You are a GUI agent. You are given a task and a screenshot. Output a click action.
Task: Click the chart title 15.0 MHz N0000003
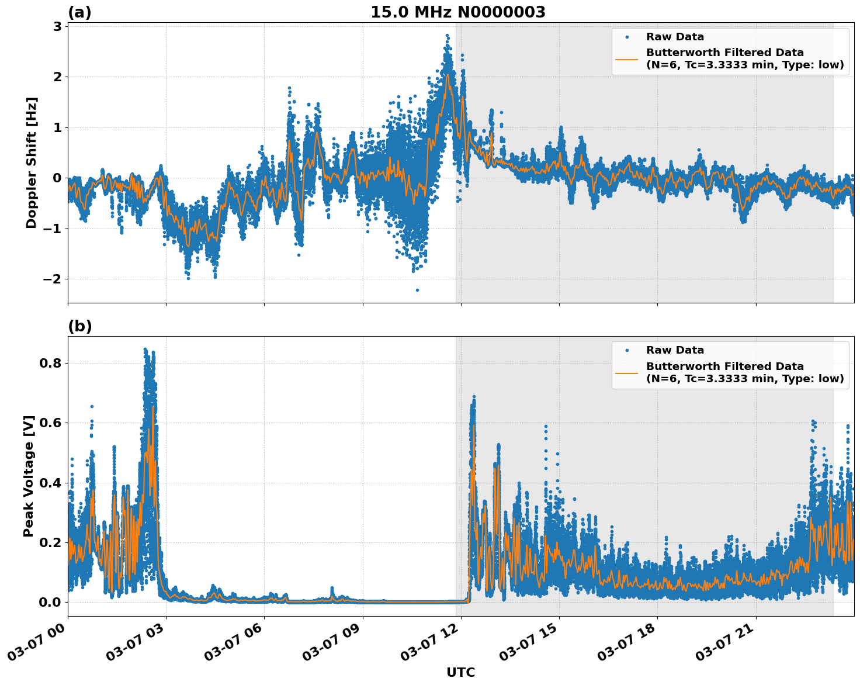pyautogui.click(x=457, y=12)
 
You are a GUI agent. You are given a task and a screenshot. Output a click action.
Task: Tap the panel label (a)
pyautogui.click(x=79, y=12)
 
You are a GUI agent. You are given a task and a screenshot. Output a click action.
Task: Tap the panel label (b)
pyautogui.click(x=79, y=326)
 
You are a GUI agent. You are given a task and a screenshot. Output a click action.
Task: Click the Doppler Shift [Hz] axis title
pyautogui.click(x=32, y=162)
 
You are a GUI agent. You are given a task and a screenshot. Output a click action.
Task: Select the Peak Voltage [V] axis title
pyautogui.click(x=29, y=476)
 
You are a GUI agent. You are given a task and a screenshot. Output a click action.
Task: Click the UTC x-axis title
pyautogui.click(x=460, y=672)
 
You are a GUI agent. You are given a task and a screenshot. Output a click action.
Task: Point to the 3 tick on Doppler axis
pyautogui.click(x=57, y=26)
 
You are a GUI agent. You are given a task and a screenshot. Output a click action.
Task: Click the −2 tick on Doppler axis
pyautogui.click(x=52, y=279)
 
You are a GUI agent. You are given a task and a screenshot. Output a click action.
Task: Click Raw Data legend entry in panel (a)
pyautogui.click(x=675, y=37)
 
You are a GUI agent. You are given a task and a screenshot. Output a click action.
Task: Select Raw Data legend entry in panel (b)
pyautogui.click(x=675, y=350)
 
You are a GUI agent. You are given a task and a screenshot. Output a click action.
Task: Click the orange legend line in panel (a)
pyautogui.click(x=627, y=59)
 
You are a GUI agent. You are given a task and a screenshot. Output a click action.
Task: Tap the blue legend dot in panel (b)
pyautogui.click(x=627, y=351)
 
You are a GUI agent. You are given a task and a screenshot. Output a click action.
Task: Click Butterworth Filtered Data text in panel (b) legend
pyautogui.click(x=724, y=366)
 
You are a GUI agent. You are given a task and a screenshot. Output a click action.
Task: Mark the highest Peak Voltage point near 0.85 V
pyautogui.click(x=145, y=349)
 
